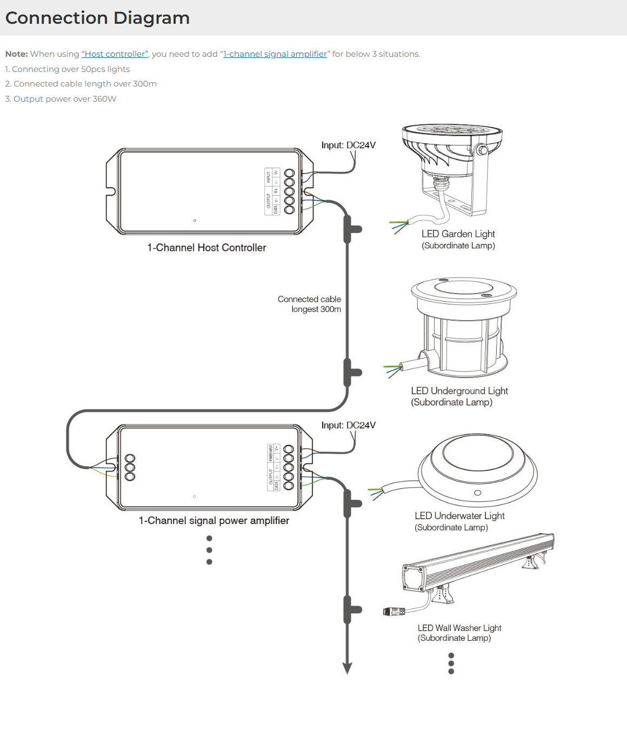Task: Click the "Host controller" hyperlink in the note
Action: [115, 54]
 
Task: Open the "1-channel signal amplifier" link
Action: [275, 54]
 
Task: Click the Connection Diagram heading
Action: [97, 18]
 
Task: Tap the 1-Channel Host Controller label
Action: [206, 248]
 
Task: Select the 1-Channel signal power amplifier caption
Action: [214, 521]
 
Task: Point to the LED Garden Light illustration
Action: [452, 170]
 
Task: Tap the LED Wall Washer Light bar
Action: [478, 562]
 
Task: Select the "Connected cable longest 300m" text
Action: [310, 304]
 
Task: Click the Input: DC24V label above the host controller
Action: [348, 145]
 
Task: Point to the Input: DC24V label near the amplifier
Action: [348, 426]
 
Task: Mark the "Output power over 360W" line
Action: [61, 99]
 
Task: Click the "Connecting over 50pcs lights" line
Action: [68, 69]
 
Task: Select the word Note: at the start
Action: [16, 54]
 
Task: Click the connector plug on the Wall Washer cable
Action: [393, 612]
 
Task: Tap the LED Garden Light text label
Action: [458, 234]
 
